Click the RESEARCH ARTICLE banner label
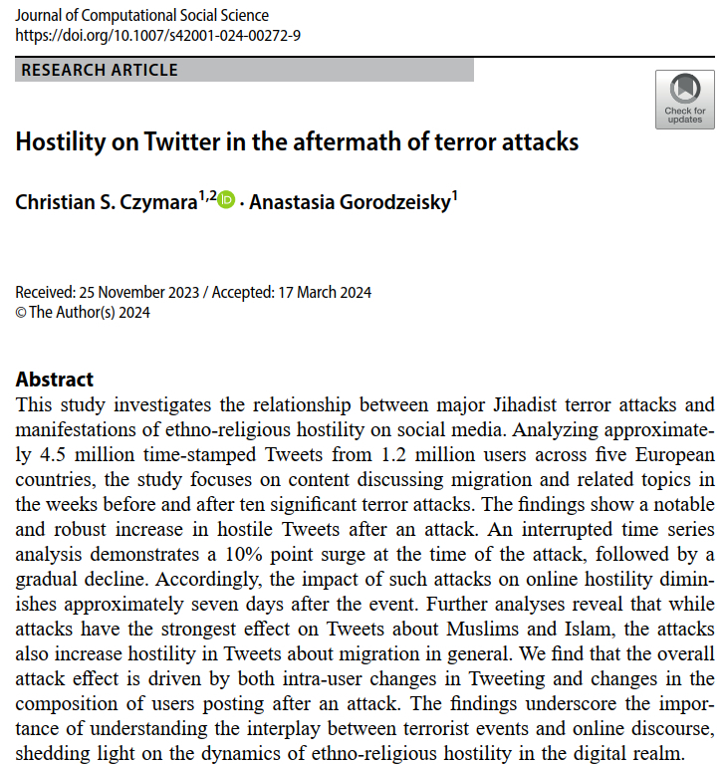[x=100, y=71]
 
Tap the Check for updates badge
[x=684, y=100]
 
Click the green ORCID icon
[x=226, y=200]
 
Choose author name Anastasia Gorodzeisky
[x=350, y=202]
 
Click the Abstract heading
[x=55, y=380]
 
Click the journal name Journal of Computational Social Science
[x=142, y=16]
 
